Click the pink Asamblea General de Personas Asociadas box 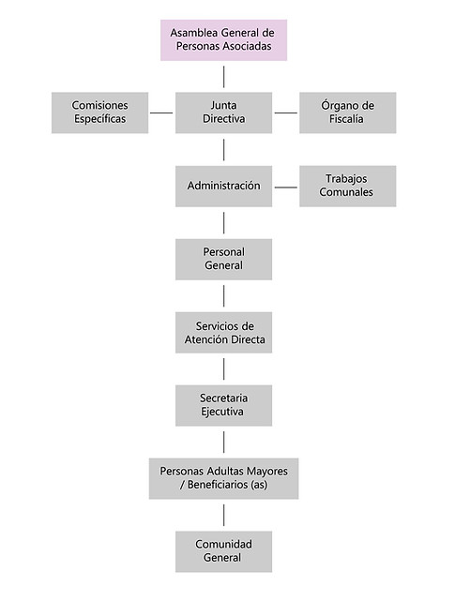point(223,40)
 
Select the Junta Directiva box point(223,113)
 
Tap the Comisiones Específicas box point(99,113)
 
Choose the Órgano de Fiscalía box point(348,113)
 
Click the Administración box point(223,187)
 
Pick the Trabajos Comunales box point(348,187)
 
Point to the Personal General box point(223,260)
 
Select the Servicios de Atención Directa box point(223,332)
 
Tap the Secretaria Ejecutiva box point(223,405)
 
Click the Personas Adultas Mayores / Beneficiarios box point(223,478)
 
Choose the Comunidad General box point(223,551)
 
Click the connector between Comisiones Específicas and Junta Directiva point(161,113)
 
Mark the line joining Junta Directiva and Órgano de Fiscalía point(285,113)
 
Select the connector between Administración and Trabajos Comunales point(285,188)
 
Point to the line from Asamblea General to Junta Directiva point(224,77)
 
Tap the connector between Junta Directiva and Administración point(224,150)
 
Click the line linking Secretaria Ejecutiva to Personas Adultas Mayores point(224,442)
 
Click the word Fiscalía point(346,119)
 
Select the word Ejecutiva point(222,412)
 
